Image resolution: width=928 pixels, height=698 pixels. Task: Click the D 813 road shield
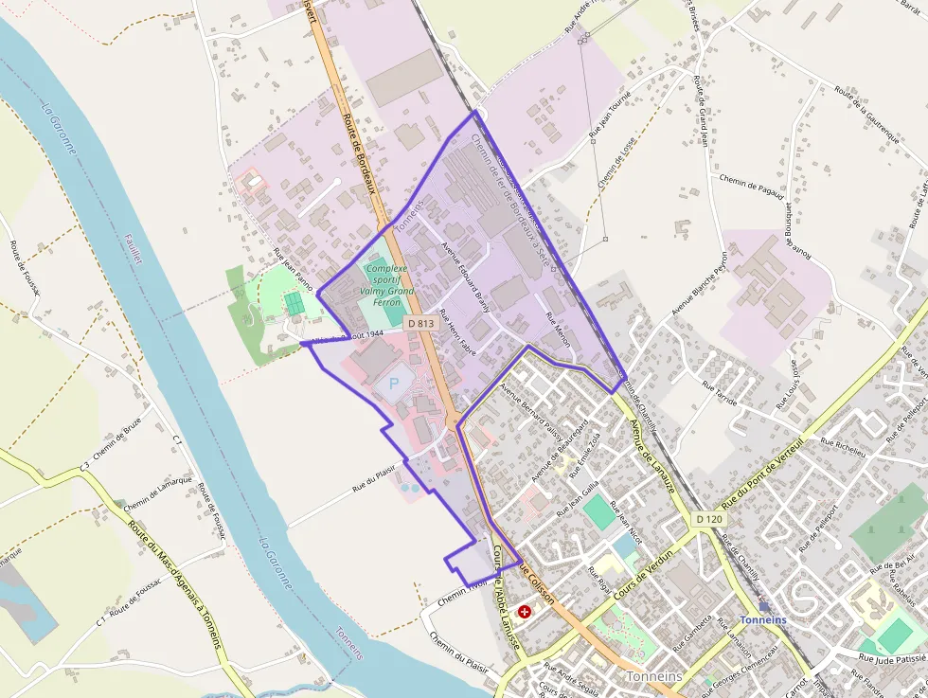422,324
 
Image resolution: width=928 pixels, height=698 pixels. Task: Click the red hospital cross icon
525,613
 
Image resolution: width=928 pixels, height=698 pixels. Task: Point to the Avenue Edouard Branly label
465,275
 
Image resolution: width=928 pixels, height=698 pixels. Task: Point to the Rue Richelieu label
843,446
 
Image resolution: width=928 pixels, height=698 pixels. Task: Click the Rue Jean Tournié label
611,121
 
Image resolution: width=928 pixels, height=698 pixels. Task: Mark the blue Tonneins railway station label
762,619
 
